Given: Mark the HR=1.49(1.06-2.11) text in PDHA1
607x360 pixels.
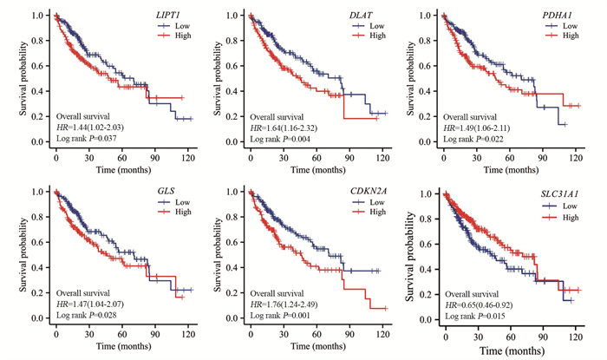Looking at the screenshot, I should (482, 127).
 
